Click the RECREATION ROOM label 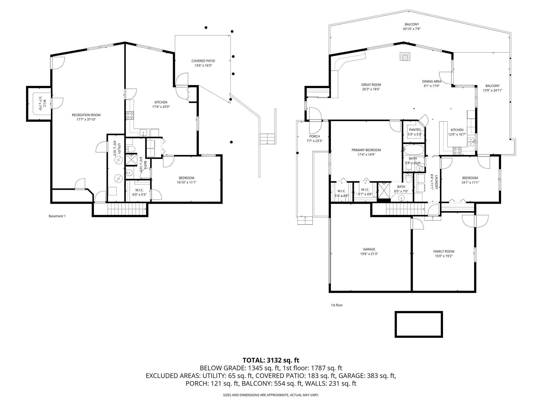tap(86, 115)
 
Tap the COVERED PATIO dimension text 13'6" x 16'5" tap(203, 65)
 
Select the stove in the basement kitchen tap(130, 115)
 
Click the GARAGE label tap(369, 249)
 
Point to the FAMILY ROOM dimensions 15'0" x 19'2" tap(444, 256)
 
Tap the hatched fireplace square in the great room tap(405, 57)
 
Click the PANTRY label tap(415, 130)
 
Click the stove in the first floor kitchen tap(457, 151)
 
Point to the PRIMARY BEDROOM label tap(366, 150)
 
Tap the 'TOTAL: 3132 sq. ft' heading tap(271, 360)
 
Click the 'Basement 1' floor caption tap(57, 216)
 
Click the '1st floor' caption tap(337, 305)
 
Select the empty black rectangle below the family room tap(418, 324)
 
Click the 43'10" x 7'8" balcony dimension tap(412, 29)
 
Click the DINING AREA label tap(431, 81)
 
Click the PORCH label tap(314, 136)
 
